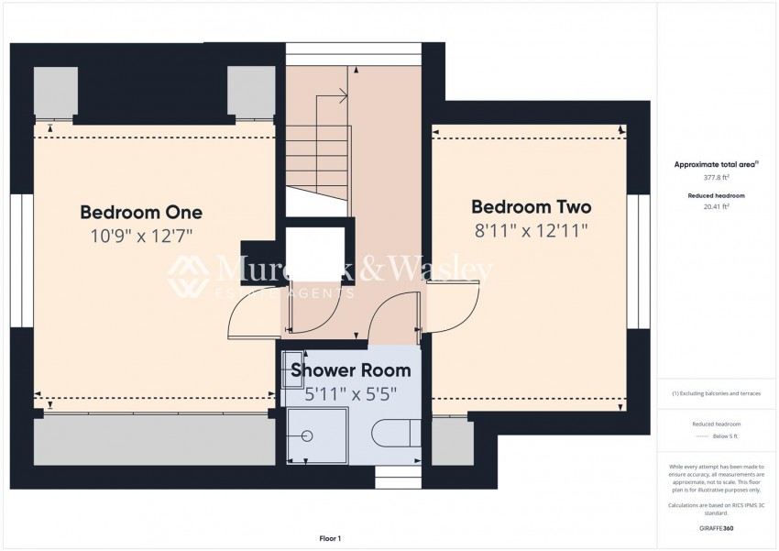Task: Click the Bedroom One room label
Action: [x=141, y=213]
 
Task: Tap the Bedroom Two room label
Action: [x=531, y=207]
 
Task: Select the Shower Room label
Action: [x=350, y=371]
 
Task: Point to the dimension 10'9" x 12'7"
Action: [x=141, y=237]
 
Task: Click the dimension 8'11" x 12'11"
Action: [x=531, y=230]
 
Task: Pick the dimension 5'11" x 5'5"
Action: [x=350, y=395]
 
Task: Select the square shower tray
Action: [x=317, y=435]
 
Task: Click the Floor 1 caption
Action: [x=329, y=538]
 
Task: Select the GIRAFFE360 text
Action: [x=716, y=529]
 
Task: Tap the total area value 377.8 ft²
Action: [x=716, y=177]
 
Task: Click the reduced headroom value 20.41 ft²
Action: [x=716, y=206]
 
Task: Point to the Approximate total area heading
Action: [x=716, y=164]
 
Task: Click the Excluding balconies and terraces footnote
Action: [x=716, y=393]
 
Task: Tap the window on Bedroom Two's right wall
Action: [x=634, y=261]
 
